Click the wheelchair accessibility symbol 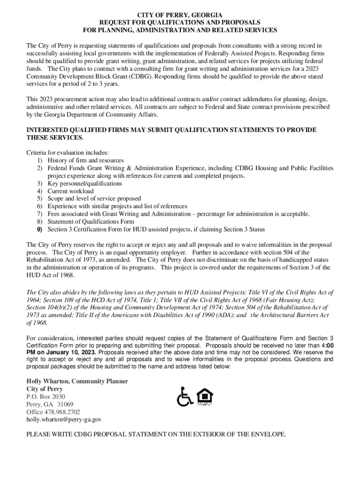coord(185,398)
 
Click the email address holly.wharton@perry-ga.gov coord(64,420)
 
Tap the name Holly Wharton coord(48,381)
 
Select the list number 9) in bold coord(40,229)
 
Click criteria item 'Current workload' coord(70,191)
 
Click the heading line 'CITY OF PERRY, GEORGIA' coord(180,15)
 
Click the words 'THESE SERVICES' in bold coord(54,138)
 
